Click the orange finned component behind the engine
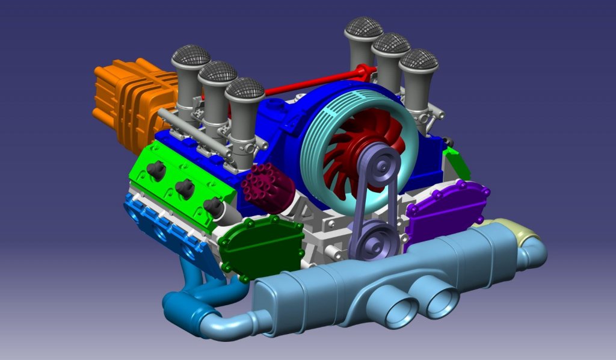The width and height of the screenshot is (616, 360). [x=123, y=99]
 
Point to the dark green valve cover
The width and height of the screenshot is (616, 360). [x=260, y=246]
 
